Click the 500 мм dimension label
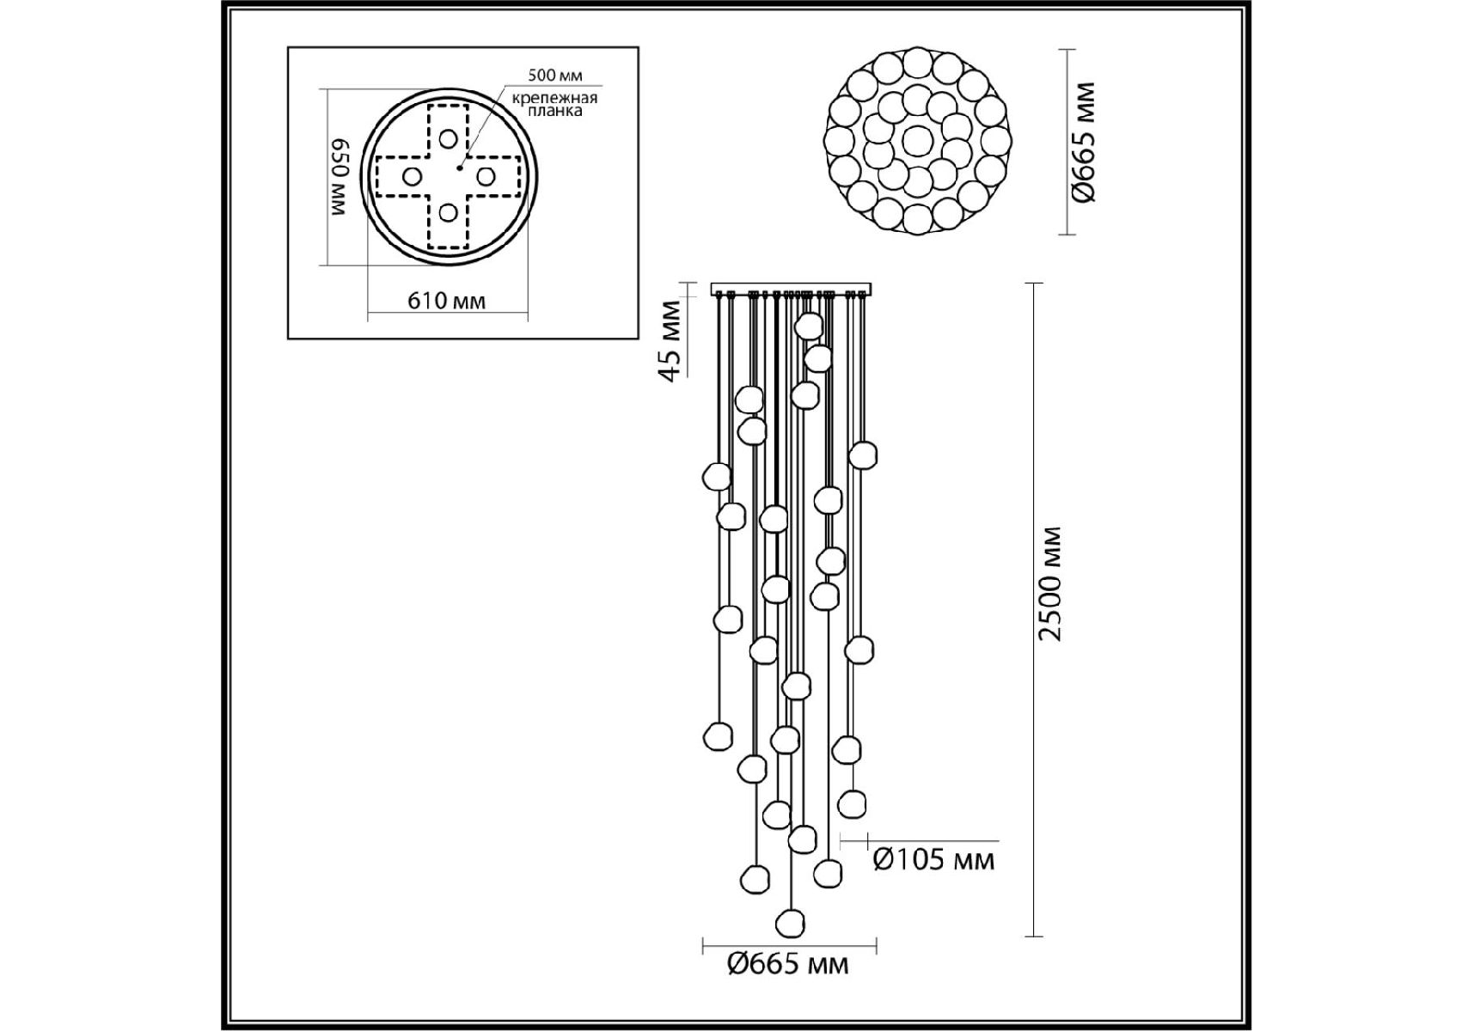click(x=554, y=76)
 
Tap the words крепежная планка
click(x=554, y=105)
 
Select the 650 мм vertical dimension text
click(x=339, y=177)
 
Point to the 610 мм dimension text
click(x=446, y=301)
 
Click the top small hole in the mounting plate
click(x=448, y=137)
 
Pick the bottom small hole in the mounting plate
click(x=448, y=211)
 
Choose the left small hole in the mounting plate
click(x=412, y=176)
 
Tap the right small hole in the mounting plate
click(x=486, y=176)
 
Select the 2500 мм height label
click(x=1050, y=584)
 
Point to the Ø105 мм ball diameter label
click(x=933, y=859)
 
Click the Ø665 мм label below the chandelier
click(x=787, y=965)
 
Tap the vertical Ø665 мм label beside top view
click(x=1085, y=142)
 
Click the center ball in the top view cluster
click(x=916, y=139)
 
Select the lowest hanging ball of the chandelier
click(x=790, y=924)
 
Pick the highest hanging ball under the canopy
click(x=810, y=326)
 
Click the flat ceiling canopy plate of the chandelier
click(x=792, y=289)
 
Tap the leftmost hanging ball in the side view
click(x=717, y=476)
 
